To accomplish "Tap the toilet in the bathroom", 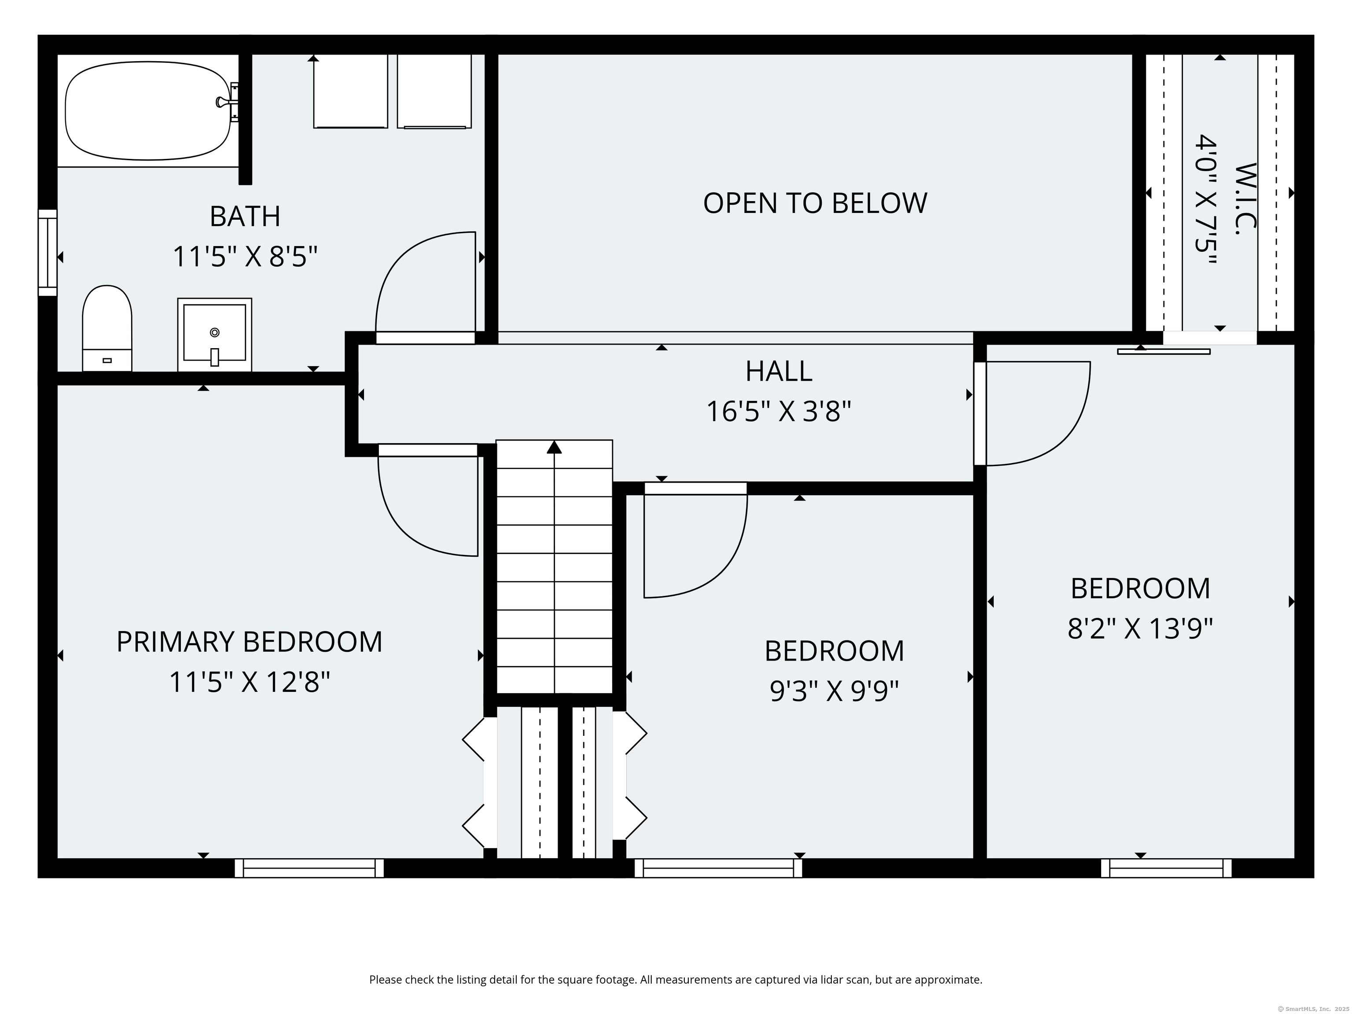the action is (107, 328).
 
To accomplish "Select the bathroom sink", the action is (214, 334).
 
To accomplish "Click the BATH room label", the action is (245, 217).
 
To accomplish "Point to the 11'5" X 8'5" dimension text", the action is (245, 257).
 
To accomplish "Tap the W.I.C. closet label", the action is (1245, 199).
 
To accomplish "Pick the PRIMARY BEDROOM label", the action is (250, 642).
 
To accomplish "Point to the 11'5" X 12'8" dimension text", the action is (250, 682).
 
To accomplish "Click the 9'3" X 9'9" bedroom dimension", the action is (834, 691).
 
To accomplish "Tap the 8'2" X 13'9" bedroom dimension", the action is (1140, 628).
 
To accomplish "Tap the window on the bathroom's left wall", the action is (48, 253).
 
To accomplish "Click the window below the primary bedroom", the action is (309, 868).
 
